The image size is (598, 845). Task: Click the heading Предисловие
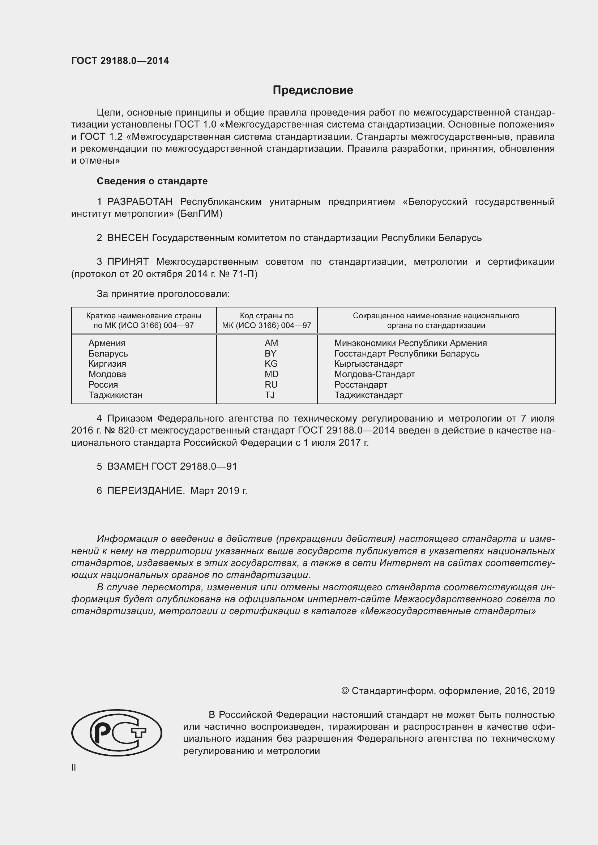313,90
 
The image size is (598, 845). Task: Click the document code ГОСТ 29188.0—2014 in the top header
120,61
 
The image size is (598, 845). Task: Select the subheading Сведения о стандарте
152,181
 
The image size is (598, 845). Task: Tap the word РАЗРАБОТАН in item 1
140,202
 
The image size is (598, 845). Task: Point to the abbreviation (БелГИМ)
200,214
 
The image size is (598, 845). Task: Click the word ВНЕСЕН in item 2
128,238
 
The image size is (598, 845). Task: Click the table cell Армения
107,343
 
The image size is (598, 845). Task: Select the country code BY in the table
271,354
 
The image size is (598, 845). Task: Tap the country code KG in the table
271,364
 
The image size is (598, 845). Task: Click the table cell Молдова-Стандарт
375,374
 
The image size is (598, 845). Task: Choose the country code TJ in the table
270,395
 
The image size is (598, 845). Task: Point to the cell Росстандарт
361,385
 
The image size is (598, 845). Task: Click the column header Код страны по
266,316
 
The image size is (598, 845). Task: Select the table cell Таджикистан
115,395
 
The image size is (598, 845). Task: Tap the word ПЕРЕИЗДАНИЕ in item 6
146,491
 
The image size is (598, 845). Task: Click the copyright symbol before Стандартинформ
345,691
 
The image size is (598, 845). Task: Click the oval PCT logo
117,733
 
